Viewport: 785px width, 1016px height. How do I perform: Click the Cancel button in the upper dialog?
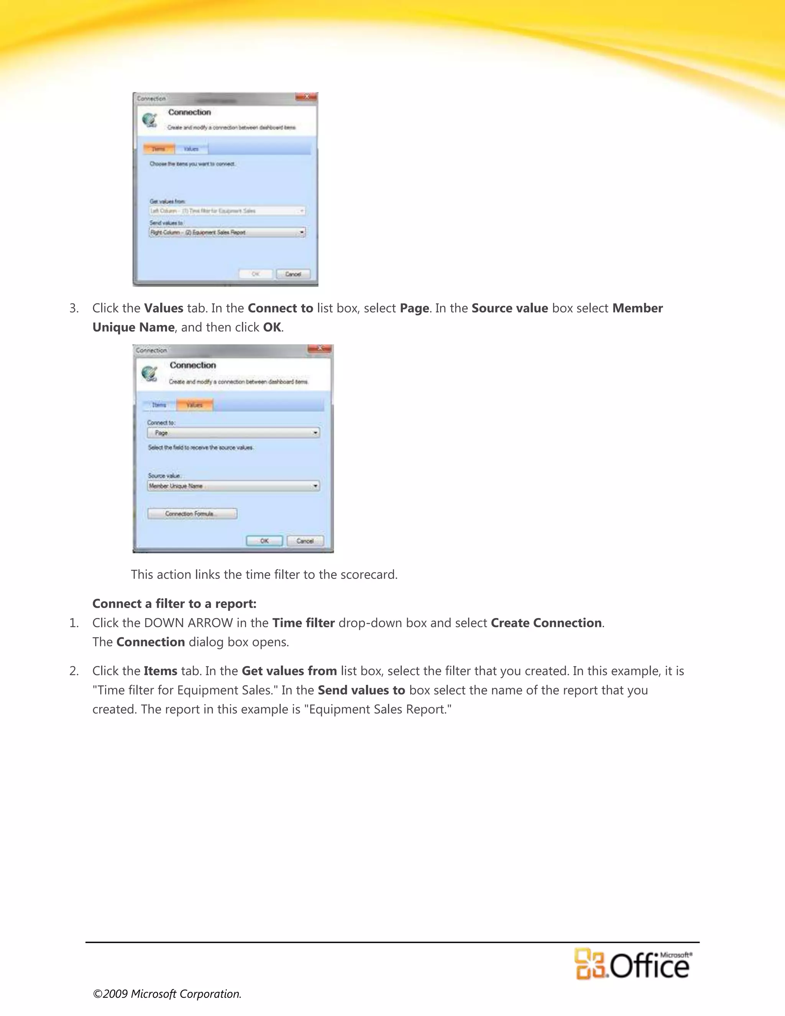coord(292,274)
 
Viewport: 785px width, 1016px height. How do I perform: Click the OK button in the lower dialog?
coord(264,541)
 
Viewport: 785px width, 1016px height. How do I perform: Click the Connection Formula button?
coord(192,514)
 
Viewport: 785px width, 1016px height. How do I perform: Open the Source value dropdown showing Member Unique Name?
coord(233,486)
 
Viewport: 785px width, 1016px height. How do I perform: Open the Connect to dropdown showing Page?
coord(233,432)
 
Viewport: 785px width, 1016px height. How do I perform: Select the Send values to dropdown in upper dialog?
coord(227,232)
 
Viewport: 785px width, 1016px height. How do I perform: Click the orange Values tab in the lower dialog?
coord(194,405)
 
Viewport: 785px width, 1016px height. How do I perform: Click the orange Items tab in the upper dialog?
coord(159,149)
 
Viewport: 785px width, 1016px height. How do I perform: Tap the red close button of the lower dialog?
coord(320,349)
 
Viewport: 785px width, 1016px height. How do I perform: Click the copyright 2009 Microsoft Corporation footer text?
coord(167,994)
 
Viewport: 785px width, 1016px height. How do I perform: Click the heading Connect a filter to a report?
coord(174,603)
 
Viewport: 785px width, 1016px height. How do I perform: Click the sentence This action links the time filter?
coord(264,575)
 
